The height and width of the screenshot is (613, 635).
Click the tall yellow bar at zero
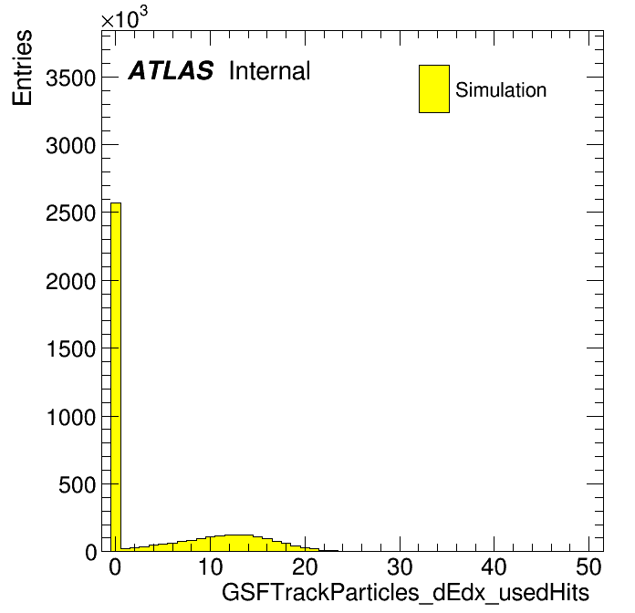coord(116,377)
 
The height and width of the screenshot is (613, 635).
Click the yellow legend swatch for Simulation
coord(434,88)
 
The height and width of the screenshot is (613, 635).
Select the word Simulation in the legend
coord(501,90)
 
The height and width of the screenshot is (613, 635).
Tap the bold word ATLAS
coord(171,70)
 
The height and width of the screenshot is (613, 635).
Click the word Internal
coord(270,71)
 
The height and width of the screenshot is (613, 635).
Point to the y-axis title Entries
coord(22,68)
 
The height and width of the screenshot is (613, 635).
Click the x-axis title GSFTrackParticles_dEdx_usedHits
coord(405,593)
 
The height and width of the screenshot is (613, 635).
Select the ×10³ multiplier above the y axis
coord(124,18)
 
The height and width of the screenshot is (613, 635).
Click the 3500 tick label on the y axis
coord(71,78)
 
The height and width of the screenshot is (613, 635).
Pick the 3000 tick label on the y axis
coord(71,145)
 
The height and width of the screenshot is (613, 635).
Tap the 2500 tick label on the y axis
coord(71,213)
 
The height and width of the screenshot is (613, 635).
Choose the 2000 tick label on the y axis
coord(71,281)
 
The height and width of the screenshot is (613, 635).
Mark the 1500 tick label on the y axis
coord(71,348)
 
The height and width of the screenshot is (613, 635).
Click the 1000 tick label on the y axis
coord(71,417)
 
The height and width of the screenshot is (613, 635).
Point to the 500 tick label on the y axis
coord(78,484)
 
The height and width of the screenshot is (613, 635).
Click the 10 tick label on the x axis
coord(210,566)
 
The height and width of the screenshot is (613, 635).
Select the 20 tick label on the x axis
coord(305,566)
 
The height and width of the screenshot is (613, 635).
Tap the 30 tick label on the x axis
coord(400,566)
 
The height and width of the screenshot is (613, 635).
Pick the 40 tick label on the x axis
coord(494,566)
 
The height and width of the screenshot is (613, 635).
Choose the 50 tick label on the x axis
coord(588,566)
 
